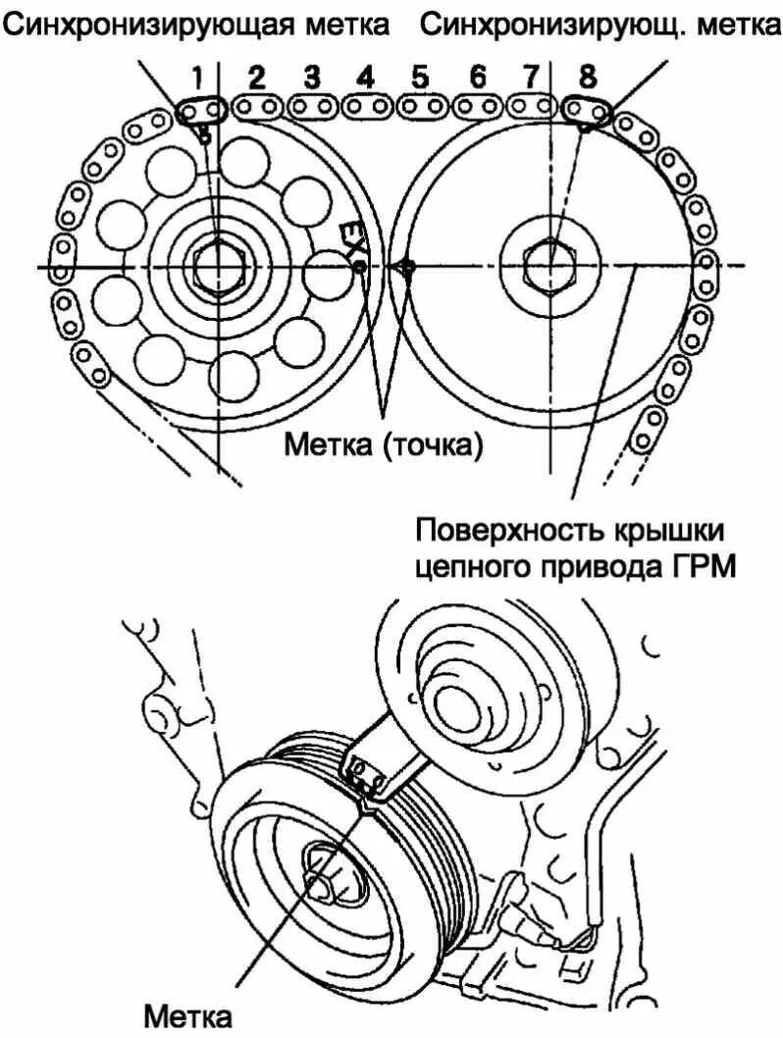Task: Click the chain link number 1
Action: click(x=201, y=111)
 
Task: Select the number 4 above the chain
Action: click(x=366, y=77)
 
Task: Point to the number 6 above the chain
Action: click(x=478, y=77)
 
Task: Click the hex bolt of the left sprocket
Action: click(x=220, y=266)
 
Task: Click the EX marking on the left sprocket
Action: click(x=348, y=235)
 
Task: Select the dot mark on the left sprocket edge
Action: click(x=359, y=266)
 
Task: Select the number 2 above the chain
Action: click(x=257, y=77)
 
